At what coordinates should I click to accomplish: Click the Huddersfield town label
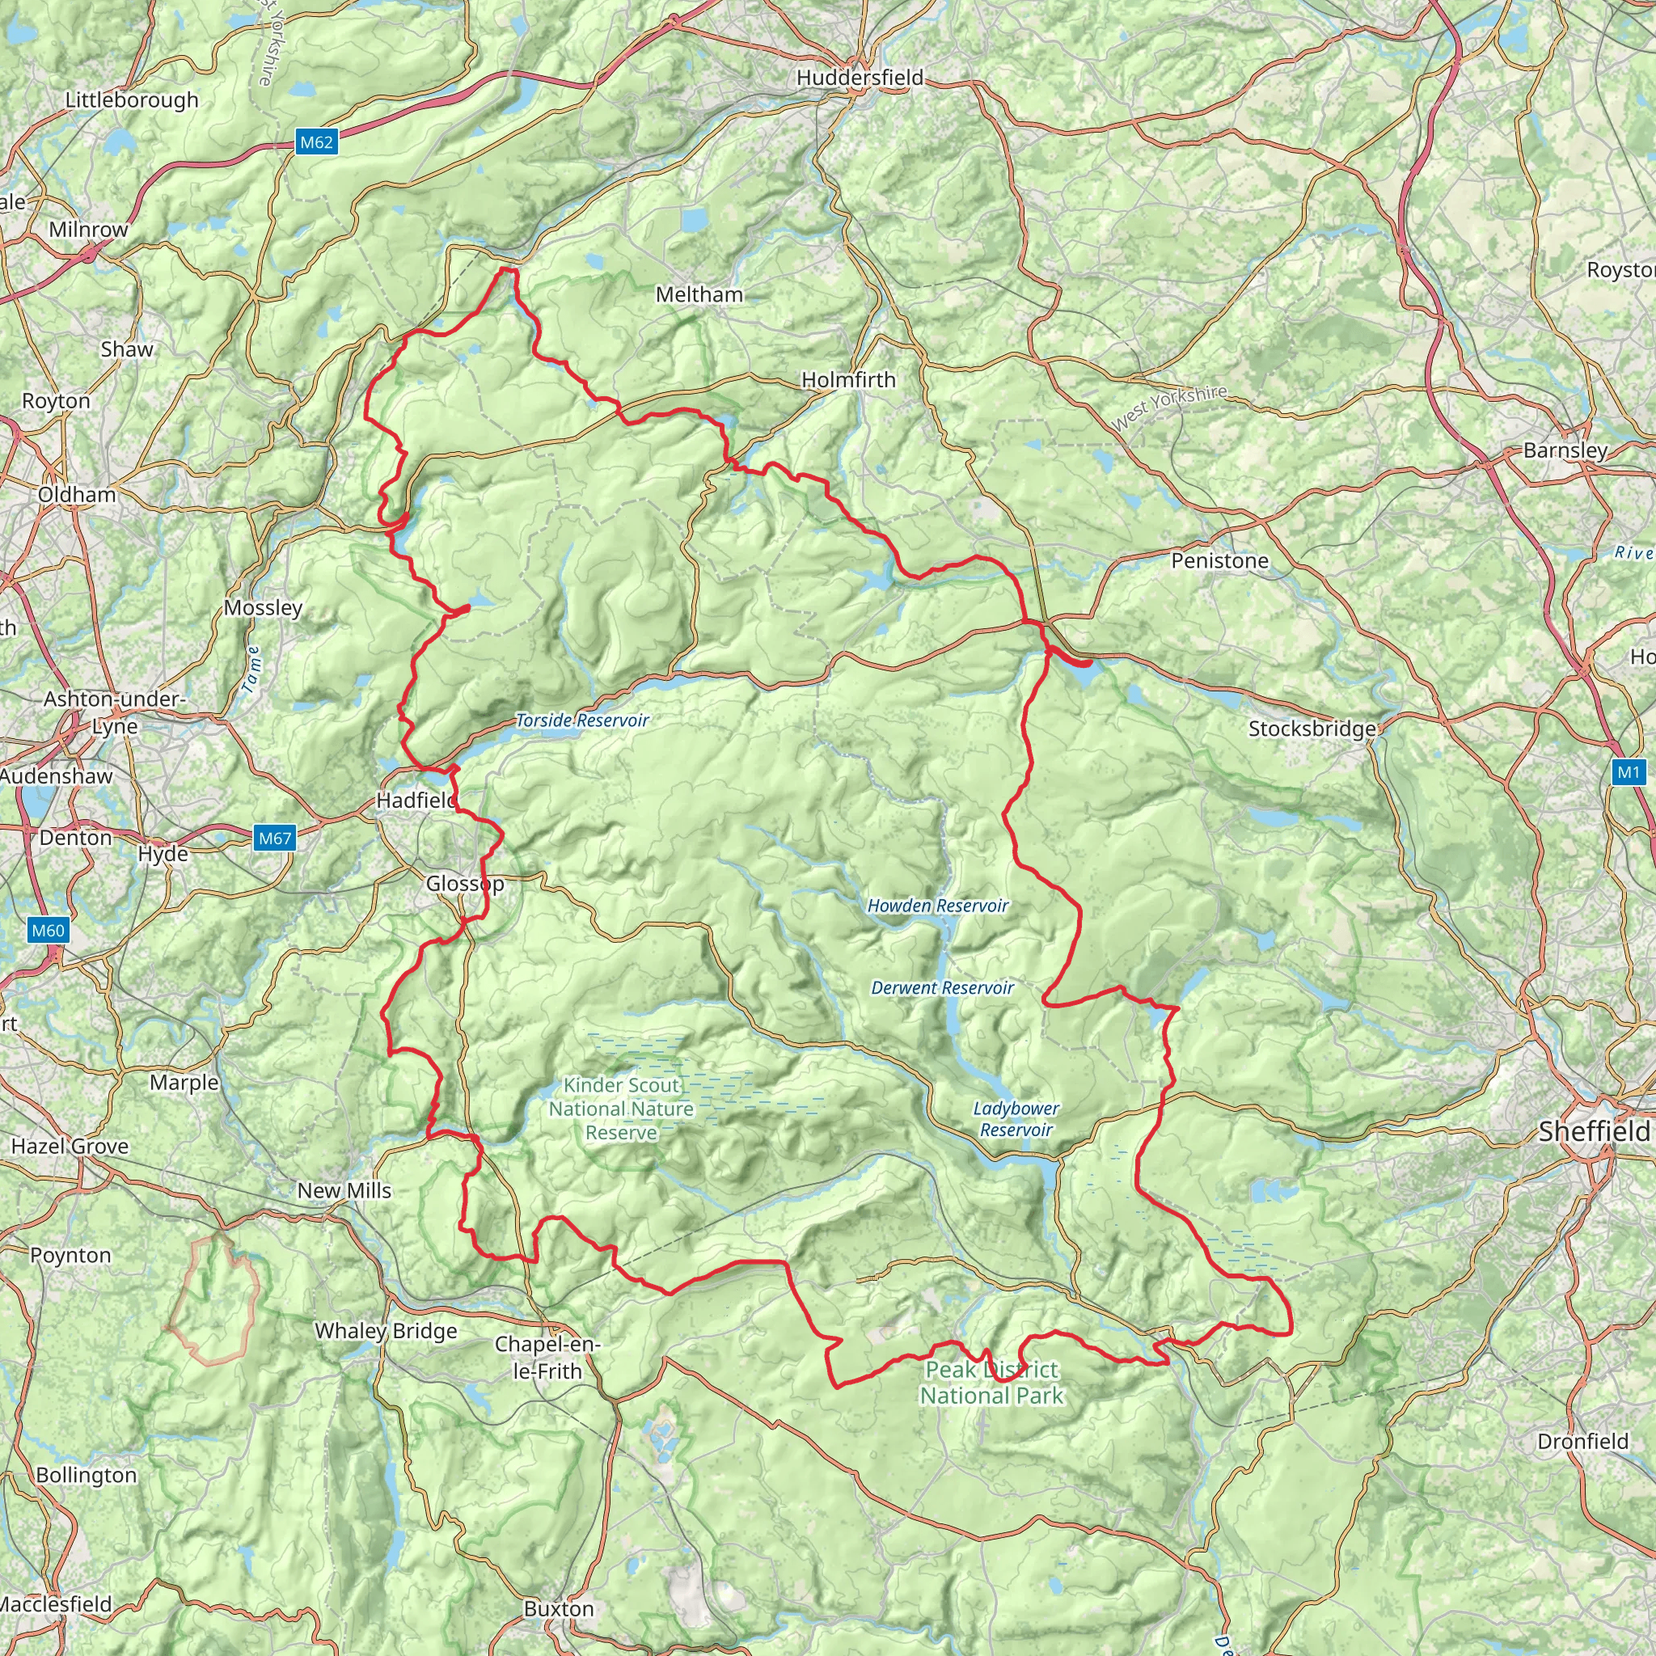[860, 78]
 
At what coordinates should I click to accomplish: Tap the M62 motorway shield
[316, 142]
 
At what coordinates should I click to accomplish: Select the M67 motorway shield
[275, 839]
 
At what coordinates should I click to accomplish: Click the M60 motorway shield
[47, 931]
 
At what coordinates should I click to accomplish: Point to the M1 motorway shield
[1628, 773]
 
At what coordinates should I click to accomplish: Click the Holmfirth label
[847, 380]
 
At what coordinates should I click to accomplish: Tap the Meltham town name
[699, 295]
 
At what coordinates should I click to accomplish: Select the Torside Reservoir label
[582, 720]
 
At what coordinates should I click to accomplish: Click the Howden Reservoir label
[938, 906]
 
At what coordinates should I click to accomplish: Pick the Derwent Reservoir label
[942, 988]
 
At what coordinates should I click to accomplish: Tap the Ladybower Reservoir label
[1016, 1119]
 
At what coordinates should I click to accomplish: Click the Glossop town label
[465, 884]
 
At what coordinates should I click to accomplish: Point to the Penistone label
[1219, 561]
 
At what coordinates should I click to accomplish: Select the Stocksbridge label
[1311, 729]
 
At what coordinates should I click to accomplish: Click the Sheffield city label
[1594, 1132]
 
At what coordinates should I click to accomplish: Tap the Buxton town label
[558, 1609]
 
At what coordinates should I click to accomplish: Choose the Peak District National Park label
[991, 1383]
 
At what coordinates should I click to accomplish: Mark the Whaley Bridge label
[386, 1331]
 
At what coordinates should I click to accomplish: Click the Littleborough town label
[132, 100]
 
